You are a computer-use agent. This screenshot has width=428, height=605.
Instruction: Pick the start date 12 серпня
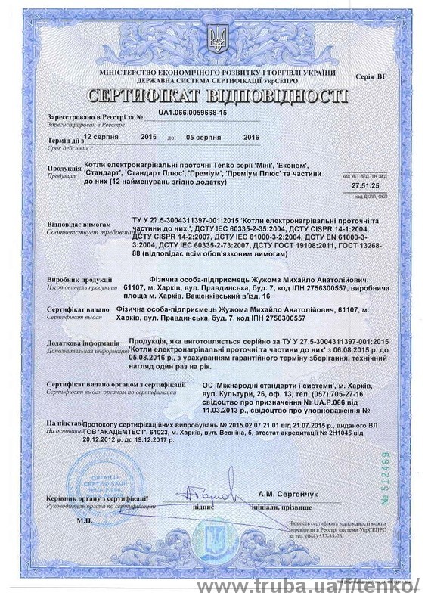tap(101, 138)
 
